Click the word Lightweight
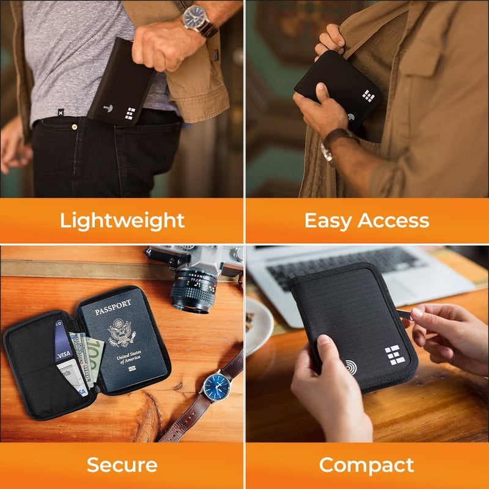click(122, 220)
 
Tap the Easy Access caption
click(367, 220)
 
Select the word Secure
click(122, 465)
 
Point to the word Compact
click(367, 465)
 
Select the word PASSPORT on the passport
click(113, 304)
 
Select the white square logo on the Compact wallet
click(392, 355)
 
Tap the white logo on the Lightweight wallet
click(130, 114)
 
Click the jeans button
click(74, 127)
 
